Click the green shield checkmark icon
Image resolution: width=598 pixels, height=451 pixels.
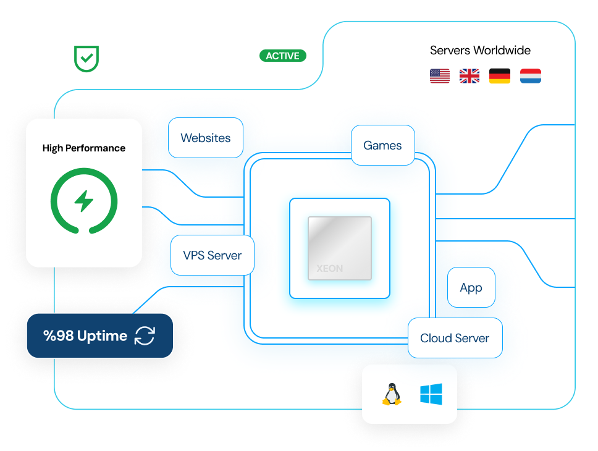pos(86,58)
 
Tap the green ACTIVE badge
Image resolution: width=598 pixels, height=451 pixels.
pos(282,56)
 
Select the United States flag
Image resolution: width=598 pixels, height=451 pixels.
pos(440,76)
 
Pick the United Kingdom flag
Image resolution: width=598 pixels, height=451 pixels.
pos(470,76)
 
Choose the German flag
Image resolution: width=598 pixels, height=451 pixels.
pos(500,76)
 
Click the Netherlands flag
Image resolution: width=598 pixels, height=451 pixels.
pos(530,76)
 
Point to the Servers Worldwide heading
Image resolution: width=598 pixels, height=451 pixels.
pos(480,51)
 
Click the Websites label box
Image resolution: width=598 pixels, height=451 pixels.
pos(206,138)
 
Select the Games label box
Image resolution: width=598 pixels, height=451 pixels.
pos(382,146)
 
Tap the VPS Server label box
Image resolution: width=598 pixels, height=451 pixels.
pos(213,255)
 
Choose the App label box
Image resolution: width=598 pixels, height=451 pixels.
pos(471,287)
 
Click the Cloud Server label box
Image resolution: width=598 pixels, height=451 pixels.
pos(455,338)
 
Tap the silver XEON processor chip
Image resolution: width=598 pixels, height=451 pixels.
pos(340,248)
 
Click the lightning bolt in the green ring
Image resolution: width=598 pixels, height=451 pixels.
pos(84,201)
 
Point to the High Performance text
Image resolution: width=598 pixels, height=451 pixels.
pos(84,148)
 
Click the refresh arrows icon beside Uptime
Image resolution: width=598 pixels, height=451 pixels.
pos(145,336)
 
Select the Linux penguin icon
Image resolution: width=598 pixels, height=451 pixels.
pos(390,394)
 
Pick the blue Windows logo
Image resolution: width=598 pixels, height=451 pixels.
pos(431,394)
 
